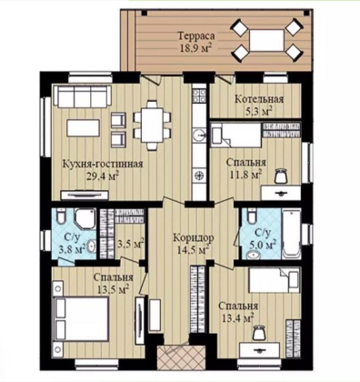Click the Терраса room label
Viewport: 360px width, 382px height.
(196, 36)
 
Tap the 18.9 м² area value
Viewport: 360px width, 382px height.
(195, 48)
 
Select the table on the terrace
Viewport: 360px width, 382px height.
(266, 40)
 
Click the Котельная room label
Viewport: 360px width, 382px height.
(259, 99)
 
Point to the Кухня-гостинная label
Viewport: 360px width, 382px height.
(103, 164)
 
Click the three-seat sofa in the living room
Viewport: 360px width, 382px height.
(83, 96)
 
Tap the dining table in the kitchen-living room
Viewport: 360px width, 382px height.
(153, 125)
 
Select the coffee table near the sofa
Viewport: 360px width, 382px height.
(84, 128)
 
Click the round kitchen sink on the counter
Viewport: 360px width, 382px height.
(199, 135)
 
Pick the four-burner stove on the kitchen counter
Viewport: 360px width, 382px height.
(200, 95)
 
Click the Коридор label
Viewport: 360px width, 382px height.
(194, 238)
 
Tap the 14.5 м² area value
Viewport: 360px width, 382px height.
(193, 250)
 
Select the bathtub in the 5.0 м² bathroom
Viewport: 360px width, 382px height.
(291, 234)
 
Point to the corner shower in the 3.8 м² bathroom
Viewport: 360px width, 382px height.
(85, 219)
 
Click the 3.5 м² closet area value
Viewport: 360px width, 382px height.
(130, 244)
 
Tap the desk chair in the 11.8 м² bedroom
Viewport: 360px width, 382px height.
(281, 176)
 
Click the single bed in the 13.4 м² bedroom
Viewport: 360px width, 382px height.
(275, 280)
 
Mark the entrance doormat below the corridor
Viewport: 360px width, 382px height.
(173, 358)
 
